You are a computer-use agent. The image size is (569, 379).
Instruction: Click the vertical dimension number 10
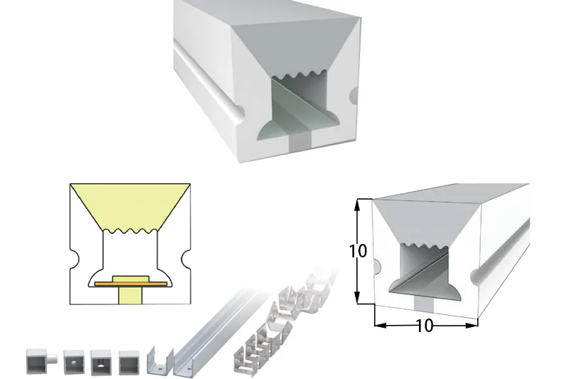click(358, 251)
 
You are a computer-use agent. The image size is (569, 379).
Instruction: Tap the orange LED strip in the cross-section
click(131, 283)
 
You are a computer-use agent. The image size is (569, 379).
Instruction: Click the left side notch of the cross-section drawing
click(75, 259)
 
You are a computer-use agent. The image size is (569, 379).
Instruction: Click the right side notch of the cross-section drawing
click(186, 259)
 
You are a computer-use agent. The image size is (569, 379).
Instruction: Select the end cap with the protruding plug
click(41, 361)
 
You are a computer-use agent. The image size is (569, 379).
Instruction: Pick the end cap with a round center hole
click(74, 363)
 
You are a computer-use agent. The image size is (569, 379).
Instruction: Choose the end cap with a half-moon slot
click(101, 363)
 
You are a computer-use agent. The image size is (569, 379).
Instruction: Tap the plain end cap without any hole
click(129, 363)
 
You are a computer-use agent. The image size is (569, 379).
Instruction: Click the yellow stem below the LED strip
click(130, 295)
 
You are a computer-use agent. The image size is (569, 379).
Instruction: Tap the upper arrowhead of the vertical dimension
click(358, 205)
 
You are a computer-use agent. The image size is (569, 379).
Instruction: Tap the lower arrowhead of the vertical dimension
click(358, 297)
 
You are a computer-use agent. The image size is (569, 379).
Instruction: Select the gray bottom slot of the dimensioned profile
click(424, 304)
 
